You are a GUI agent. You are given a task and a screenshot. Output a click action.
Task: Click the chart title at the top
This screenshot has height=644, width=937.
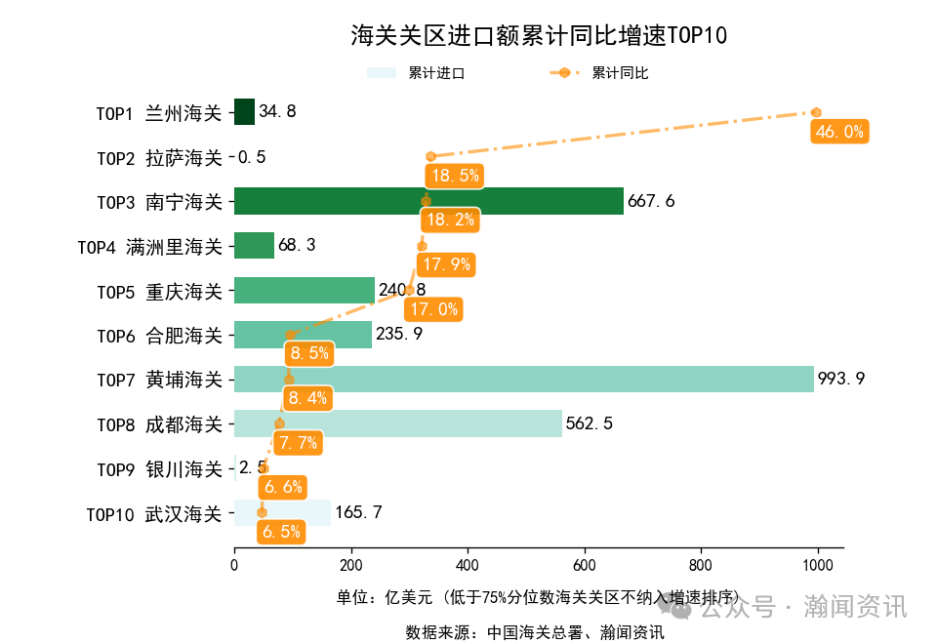pyautogui.click(x=539, y=36)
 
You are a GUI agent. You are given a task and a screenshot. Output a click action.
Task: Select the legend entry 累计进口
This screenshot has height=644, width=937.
pyautogui.click(x=415, y=73)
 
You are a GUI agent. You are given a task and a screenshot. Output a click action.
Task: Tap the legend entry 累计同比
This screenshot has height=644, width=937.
pyautogui.click(x=599, y=73)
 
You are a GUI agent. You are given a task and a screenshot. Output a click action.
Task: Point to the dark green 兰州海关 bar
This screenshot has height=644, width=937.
pyautogui.click(x=244, y=112)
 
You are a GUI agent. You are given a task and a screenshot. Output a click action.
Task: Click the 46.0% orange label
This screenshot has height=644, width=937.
pyautogui.click(x=839, y=132)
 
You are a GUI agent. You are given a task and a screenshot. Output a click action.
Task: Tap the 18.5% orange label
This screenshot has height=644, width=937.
pyautogui.click(x=455, y=176)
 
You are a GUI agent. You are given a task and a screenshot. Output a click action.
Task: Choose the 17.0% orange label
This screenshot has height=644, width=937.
pyautogui.click(x=432, y=309)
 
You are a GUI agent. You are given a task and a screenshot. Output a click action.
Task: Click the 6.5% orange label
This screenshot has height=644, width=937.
pyautogui.click(x=281, y=532)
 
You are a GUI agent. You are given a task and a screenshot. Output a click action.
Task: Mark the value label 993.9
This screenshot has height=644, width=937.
pyautogui.click(x=841, y=379)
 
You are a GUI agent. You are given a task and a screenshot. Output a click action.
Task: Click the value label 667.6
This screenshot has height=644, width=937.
pyautogui.click(x=651, y=202)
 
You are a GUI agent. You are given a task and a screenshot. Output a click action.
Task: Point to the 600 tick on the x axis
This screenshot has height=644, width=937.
pyautogui.click(x=584, y=565)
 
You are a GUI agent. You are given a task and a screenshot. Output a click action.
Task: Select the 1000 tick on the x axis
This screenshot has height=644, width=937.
pyautogui.click(x=817, y=565)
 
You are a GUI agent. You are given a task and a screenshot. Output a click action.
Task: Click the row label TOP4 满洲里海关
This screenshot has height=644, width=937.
pyautogui.click(x=150, y=247)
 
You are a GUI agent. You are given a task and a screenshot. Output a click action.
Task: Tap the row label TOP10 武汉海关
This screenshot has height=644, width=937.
pyautogui.click(x=154, y=514)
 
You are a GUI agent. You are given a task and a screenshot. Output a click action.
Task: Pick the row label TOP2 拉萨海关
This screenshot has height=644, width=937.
pyautogui.click(x=159, y=157)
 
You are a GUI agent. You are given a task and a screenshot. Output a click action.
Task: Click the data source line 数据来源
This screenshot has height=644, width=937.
pyautogui.click(x=535, y=632)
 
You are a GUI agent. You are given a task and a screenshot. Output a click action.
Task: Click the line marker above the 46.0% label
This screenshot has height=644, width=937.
pyautogui.click(x=816, y=112)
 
